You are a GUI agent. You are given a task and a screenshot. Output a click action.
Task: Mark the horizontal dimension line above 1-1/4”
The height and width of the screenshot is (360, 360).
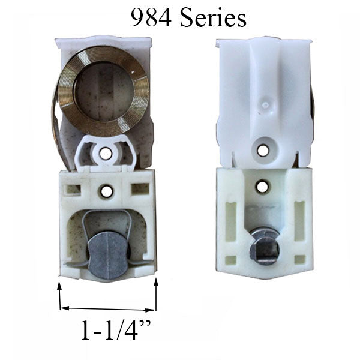tap(108, 310)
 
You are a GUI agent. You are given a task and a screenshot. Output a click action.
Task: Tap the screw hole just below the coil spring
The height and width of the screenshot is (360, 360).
tap(106, 153)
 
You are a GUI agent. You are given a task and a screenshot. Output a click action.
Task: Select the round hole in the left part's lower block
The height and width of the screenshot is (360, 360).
tap(106, 192)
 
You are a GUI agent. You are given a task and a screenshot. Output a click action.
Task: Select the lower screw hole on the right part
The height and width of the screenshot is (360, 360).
tap(262, 187)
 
